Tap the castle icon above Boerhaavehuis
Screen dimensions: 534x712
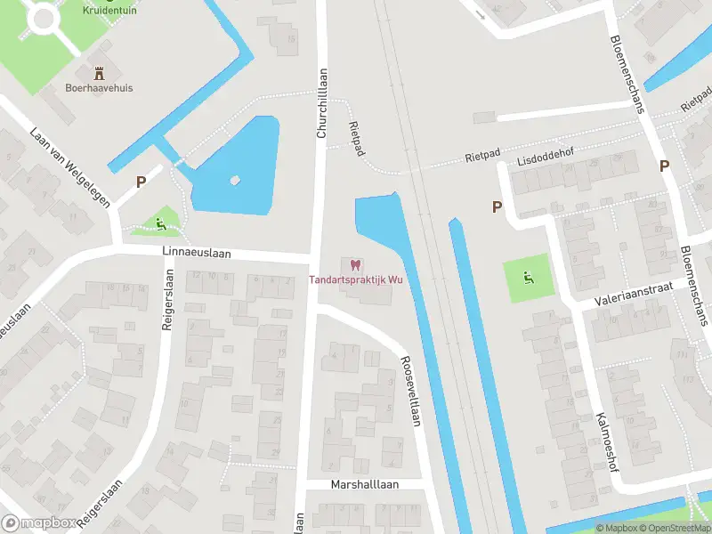tap(99, 71)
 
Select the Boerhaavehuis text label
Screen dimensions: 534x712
tap(99, 88)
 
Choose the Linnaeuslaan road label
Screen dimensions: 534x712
tap(197, 253)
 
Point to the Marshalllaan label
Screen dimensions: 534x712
tap(365, 485)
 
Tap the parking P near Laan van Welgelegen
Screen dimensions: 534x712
tap(141, 182)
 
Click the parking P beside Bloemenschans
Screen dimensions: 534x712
tap(664, 166)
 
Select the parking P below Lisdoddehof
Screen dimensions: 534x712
tap(497, 206)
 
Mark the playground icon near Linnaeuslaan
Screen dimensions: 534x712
tap(160, 223)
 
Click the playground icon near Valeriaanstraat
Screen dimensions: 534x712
tap(529, 279)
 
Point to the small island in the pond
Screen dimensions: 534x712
tap(235, 180)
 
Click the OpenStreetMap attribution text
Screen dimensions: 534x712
tap(674, 529)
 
